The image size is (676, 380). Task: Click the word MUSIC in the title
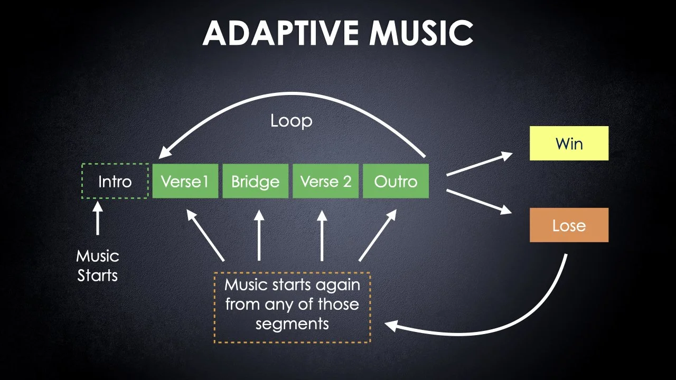(421, 33)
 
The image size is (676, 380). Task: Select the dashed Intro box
(115, 182)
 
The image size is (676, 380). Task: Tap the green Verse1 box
(185, 182)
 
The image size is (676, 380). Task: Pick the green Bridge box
(255, 182)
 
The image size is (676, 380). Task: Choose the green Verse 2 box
(325, 182)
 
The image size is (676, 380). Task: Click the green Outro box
(396, 182)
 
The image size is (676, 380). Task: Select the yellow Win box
(569, 143)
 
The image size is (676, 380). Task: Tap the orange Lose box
(569, 225)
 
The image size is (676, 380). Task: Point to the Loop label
(291, 121)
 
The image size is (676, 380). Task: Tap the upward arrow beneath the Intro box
(97, 217)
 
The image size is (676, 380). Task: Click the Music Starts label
(98, 265)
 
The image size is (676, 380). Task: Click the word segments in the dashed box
(292, 323)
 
